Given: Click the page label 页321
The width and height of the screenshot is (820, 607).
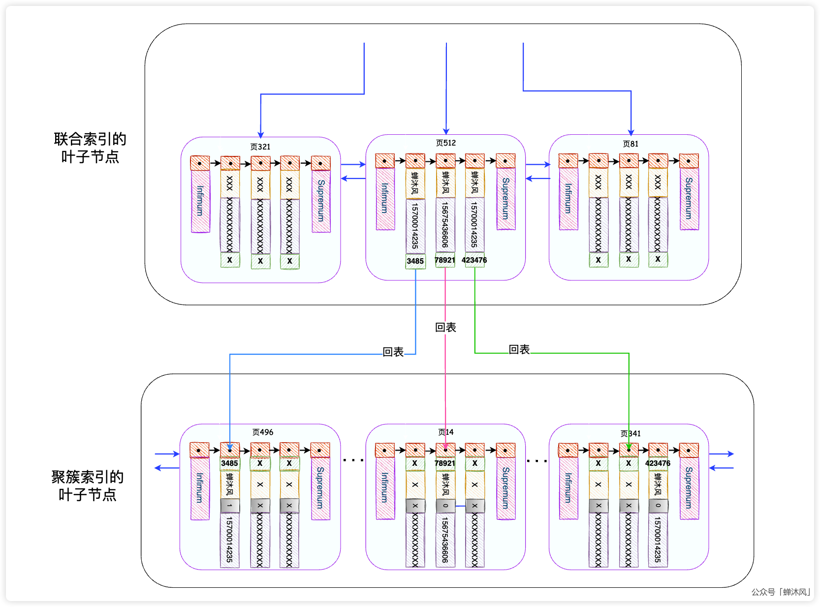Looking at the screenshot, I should pyautogui.click(x=260, y=147).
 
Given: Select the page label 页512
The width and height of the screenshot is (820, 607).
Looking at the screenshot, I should pyautogui.click(x=445, y=143).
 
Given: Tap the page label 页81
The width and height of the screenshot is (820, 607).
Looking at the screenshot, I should pyautogui.click(x=630, y=144).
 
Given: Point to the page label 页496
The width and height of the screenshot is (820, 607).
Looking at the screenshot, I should pyautogui.click(x=262, y=432).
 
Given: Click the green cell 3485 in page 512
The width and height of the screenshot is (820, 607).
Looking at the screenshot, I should pyautogui.click(x=415, y=261).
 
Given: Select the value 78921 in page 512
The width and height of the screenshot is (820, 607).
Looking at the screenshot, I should pyautogui.click(x=445, y=260).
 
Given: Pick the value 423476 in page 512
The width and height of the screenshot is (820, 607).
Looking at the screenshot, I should pyautogui.click(x=474, y=260).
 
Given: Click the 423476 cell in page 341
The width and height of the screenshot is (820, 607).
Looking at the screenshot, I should pyautogui.click(x=658, y=463).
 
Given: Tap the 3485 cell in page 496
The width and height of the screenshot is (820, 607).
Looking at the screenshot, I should pyautogui.click(x=229, y=463).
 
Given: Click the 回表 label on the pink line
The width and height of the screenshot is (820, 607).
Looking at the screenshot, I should pyautogui.click(x=445, y=327).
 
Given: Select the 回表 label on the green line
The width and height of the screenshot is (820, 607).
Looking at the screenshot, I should pyautogui.click(x=519, y=349).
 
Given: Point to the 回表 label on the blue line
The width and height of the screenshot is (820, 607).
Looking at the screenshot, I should pyautogui.click(x=393, y=352).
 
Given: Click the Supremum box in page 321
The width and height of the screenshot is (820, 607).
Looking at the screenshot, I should pyautogui.click(x=321, y=201).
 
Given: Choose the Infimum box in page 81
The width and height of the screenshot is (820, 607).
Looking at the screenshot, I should pyautogui.click(x=568, y=199).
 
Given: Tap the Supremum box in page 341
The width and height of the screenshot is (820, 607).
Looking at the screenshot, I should pyautogui.click(x=689, y=488).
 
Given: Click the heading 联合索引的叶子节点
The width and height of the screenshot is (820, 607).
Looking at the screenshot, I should pyautogui.click(x=90, y=148).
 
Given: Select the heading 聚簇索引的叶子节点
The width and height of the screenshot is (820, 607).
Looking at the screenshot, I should pyautogui.click(x=87, y=486).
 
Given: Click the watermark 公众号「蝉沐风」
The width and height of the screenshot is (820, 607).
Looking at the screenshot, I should pyautogui.click(x=781, y=592).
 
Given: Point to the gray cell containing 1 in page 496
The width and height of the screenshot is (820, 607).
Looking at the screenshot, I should pyautogui.click(x=229, y=506).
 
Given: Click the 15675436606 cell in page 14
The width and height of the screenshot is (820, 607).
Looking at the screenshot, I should pyautogui.click(x=445, y=540).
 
